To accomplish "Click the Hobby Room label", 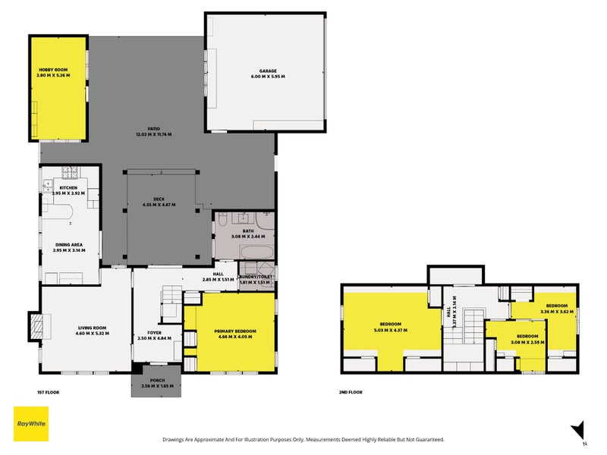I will pos(54,73).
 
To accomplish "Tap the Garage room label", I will pos(268,74).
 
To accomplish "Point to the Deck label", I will pos(159,202).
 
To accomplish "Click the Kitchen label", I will pos(68,190).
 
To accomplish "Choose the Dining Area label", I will pos(68,247).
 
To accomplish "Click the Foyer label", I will pos(155,334).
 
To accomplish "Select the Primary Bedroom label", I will pos(234,334).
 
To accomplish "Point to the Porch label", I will pos(157,383).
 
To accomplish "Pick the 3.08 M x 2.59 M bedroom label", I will pos(527,338).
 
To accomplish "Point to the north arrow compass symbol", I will pos(579,430).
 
